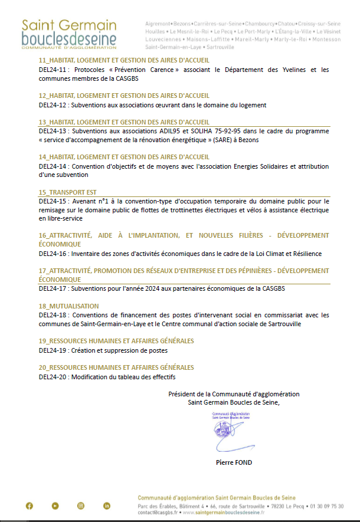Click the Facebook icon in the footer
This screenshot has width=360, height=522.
(x=30, y=505)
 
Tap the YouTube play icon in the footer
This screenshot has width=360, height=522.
(x=55, y=505)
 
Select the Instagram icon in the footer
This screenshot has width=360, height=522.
(x=81, y=505)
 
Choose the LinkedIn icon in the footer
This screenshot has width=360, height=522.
(x=107, y=505)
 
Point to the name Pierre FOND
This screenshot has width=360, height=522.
(x=234, y=462)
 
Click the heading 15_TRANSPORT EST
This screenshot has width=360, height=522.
(x=67, y=192)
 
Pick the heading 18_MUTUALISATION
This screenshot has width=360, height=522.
(x=68, y=306)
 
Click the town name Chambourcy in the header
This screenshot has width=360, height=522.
(x=256, y=23)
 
